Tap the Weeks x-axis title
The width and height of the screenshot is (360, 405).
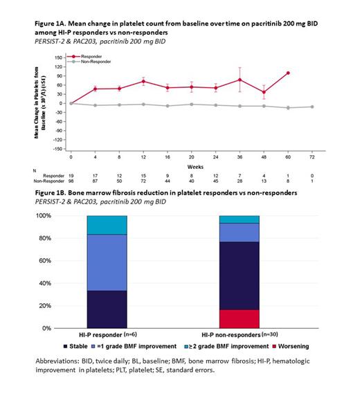tap(190, 166)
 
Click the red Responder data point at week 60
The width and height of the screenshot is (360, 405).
tap(287, 73)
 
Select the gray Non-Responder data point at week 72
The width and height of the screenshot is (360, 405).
tap(312, 107)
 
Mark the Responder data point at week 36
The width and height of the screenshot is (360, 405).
tap(240, 80)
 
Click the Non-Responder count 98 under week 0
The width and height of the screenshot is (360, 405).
tap(71, 181)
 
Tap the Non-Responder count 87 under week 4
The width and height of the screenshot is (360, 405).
tap(95, 181)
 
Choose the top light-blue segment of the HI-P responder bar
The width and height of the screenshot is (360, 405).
tap(107, 225)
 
